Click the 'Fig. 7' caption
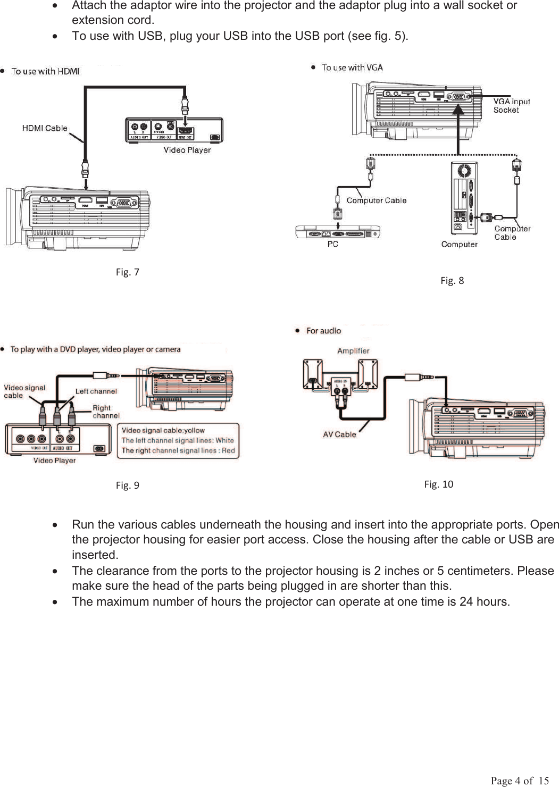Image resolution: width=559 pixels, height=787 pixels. tap(128, 272)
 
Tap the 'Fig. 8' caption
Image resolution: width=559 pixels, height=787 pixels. tap(452, 281)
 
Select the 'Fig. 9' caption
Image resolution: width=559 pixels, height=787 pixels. tap(128, 485)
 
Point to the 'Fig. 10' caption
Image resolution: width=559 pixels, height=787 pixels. tap(439, 484)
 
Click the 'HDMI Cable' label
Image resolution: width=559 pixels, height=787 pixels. tap(45, 128)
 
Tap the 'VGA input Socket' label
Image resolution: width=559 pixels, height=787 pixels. tap(511, 106)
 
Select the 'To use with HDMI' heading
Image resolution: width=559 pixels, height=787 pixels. tap(45, 71)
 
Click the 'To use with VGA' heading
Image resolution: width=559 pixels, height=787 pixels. tap(352, 68)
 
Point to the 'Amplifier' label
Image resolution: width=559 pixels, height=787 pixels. tap(353, 351)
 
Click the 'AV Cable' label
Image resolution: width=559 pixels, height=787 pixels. tap(339, 434)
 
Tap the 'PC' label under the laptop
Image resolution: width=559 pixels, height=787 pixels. tap(333, 244)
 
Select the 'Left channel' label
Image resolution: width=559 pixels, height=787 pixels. tap(96, 391)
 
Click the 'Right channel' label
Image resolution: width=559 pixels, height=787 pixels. tap(106, 412)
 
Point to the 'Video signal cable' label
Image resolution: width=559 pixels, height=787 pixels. tap(24, 391)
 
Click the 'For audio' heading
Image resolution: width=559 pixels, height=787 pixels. tap(323, 331)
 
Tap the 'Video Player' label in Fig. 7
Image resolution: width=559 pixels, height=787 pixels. tap(187, 150)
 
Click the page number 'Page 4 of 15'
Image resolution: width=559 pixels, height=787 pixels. tap(520, 781)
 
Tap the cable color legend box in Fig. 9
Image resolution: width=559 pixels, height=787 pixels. tap(178, 441)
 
